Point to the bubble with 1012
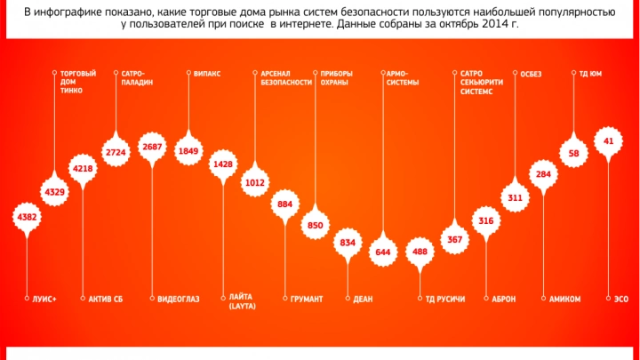[x=256, y=183]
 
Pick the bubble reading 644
[x=383, y=252]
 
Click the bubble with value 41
[x=608, y=141]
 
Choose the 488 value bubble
[x=419, y=252]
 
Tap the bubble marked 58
[x=574, y=154]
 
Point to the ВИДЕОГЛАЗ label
[x=174, y=299]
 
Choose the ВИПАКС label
[x=207, y=73]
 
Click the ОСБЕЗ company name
[x=531, y=73]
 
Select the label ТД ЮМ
[x=590, y=73]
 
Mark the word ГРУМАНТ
[x=307, y=299]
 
